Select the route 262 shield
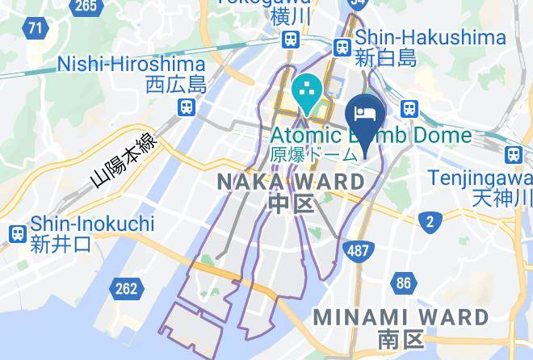125,287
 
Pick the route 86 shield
404,283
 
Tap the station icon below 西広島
187,107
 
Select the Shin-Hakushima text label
430,37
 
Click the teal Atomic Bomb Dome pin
308,96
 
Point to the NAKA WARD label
292,182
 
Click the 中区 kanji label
291,203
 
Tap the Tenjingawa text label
480,177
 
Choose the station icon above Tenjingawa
513,154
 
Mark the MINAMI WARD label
400,316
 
